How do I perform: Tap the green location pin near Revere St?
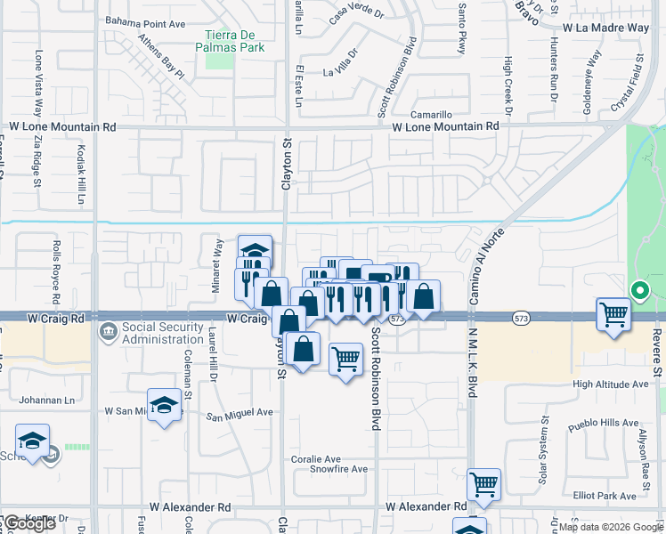pos(638,291)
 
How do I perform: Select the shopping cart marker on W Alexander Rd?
pos(483,485)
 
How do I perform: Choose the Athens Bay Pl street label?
pos(161,58)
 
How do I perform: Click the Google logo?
pos(29,523)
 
